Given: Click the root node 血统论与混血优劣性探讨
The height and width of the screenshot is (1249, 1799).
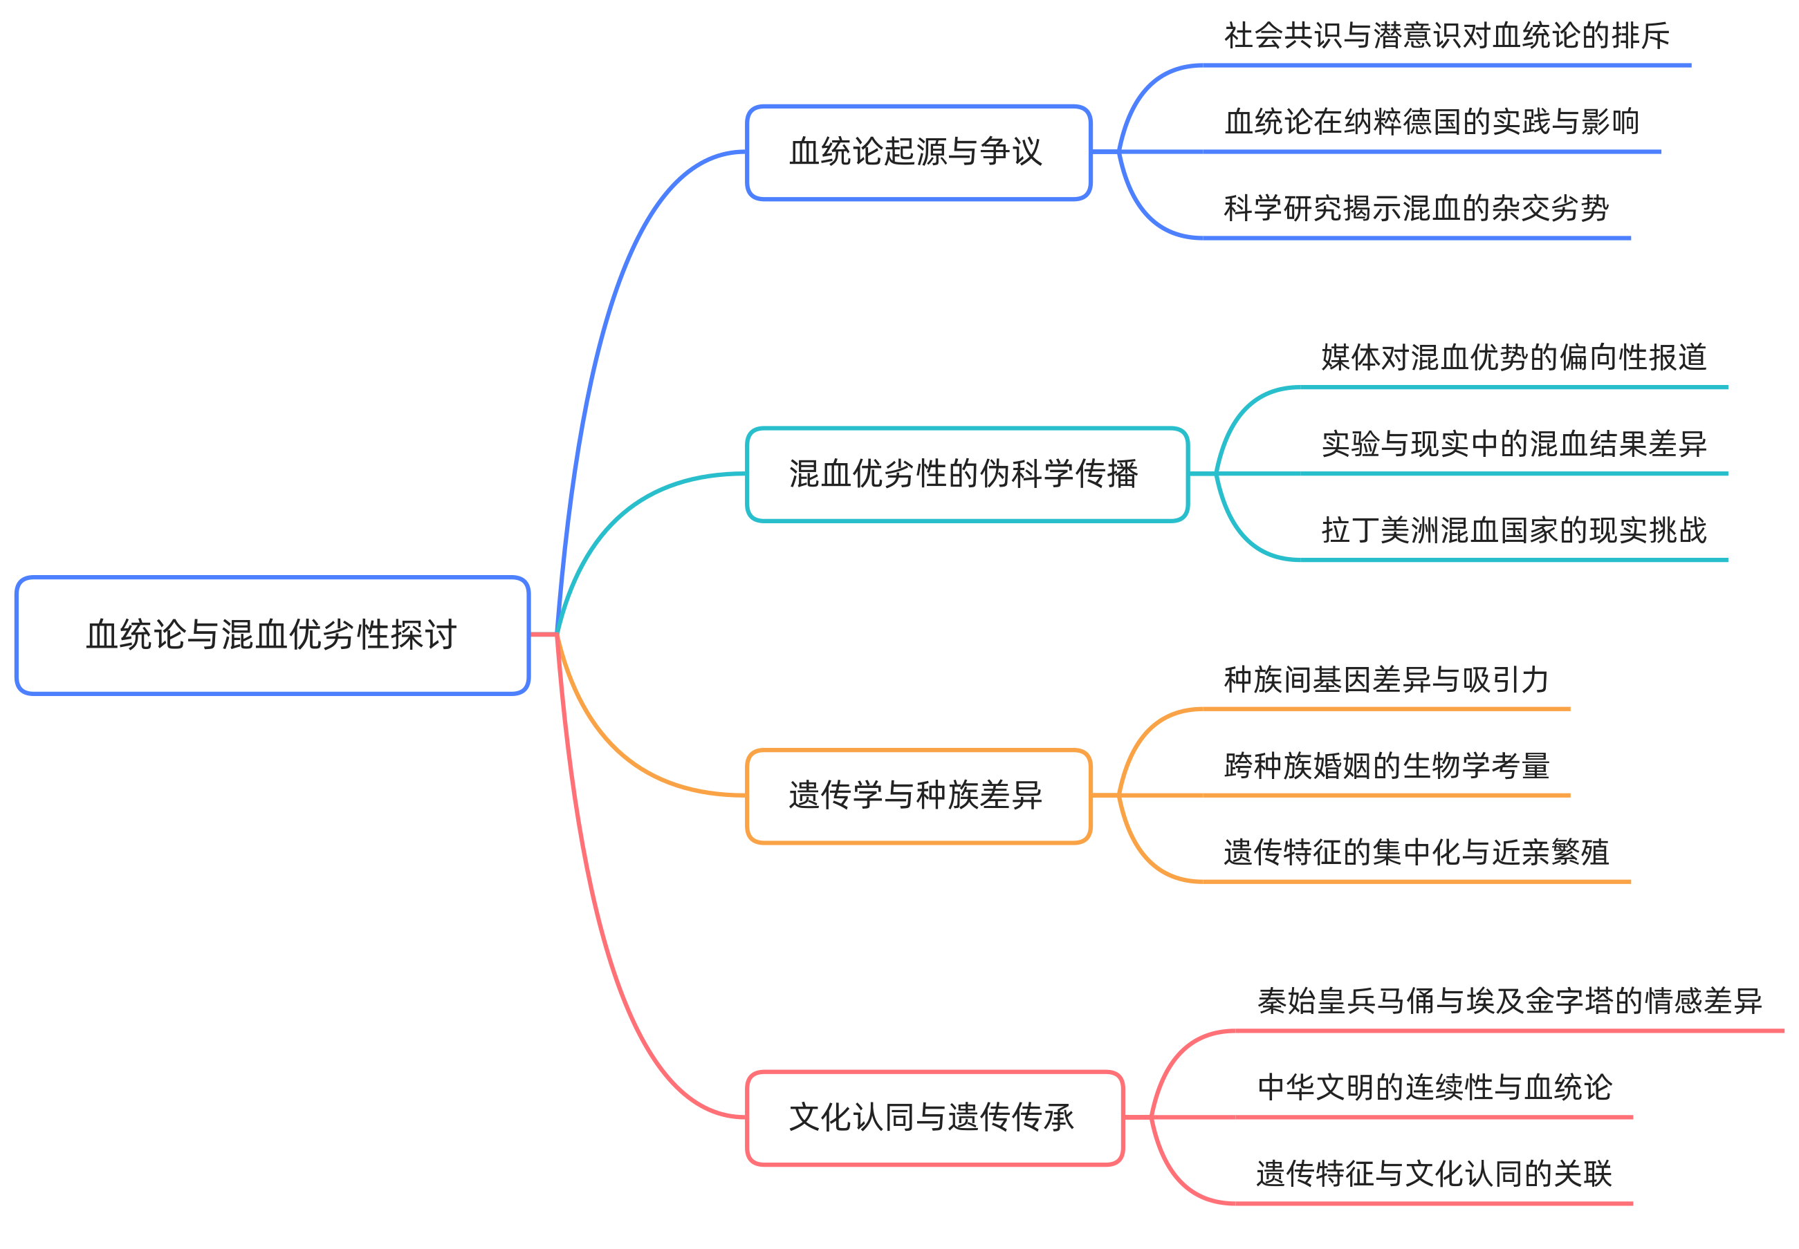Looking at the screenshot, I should (272, 635).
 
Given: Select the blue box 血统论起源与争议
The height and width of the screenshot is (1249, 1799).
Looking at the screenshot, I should (918, 153).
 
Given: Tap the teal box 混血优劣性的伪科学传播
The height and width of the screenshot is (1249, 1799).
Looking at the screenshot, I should (966, 474).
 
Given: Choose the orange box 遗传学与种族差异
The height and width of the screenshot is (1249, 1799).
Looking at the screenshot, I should (918, 796).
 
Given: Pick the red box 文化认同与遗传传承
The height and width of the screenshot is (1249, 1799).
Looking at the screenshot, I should (934, 1118).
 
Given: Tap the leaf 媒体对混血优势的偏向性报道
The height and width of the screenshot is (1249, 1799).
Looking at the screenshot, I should (1513, 357).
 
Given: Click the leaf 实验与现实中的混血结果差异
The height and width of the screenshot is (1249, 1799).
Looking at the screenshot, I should (1513, 444).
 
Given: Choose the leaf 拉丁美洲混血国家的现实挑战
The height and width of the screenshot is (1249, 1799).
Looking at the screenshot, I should (1513, 531).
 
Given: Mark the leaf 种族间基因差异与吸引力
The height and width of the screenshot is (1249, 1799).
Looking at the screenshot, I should (1385, 679).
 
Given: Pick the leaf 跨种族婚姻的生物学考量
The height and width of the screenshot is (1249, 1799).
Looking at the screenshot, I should (1385, 765).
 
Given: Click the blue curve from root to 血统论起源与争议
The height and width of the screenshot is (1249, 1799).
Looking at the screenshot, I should (611, 313).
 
